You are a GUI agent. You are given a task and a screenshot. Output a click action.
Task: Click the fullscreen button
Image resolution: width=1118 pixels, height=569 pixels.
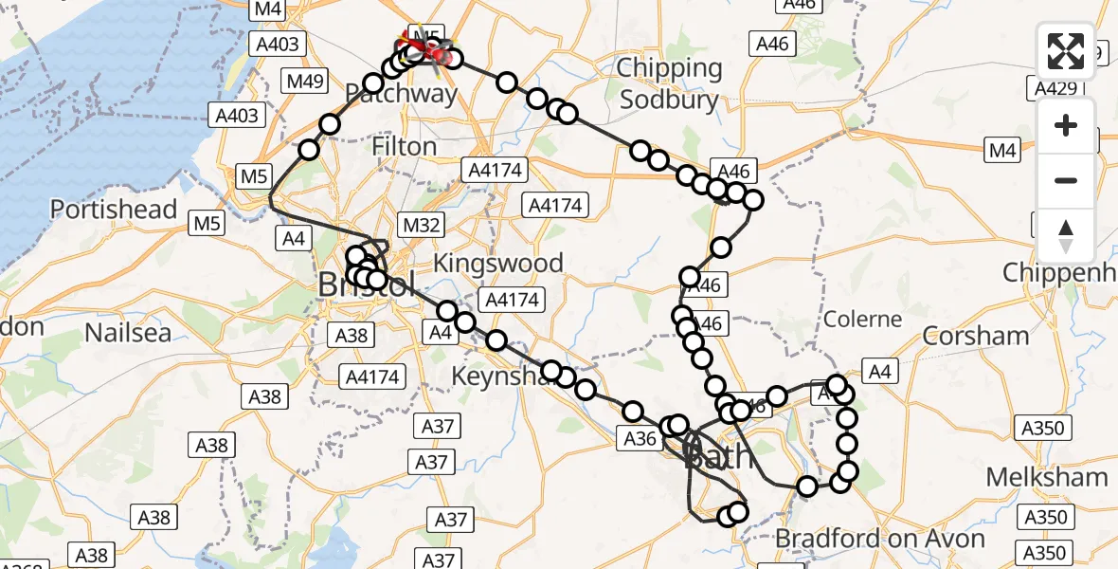click(1066, 51)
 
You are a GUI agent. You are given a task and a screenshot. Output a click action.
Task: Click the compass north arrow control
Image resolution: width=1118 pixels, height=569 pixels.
click(1066, 234)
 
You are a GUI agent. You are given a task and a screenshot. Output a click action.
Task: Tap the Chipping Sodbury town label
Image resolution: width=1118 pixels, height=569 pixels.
click(668, 83)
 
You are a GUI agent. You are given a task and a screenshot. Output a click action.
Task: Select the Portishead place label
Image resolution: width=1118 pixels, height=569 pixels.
click(114, 210)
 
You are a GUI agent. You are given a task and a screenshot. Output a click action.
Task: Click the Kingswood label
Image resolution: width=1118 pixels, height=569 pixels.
click(498, 263)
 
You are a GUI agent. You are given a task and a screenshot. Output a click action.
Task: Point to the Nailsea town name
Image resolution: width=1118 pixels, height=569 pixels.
click(128, 332)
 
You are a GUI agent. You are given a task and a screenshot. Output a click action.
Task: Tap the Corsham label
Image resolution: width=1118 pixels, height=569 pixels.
click(976, 336)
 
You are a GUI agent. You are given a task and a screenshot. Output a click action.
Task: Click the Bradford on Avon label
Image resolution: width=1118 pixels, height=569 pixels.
click(880, 539)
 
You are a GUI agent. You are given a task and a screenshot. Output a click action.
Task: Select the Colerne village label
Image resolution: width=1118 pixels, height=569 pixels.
click(862, 319)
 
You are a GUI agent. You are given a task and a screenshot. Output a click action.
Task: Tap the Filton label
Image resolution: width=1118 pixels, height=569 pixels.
click(405, 147)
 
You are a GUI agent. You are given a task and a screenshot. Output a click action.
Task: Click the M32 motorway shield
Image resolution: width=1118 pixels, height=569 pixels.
click(422, 225)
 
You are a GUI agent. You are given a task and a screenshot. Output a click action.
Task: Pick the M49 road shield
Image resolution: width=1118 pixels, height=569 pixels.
click(306, 81)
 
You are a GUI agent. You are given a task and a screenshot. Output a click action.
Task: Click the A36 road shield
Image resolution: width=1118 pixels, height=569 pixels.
click(640, 438)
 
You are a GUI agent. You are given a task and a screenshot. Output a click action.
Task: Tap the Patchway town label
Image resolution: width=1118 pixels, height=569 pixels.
click(401, 93)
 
